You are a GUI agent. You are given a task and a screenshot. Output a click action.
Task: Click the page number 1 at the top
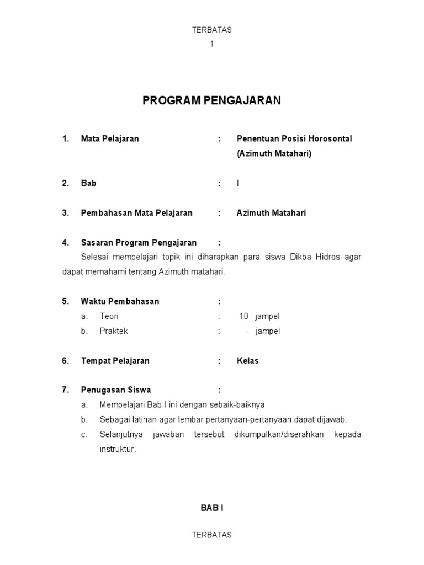coord(211,44)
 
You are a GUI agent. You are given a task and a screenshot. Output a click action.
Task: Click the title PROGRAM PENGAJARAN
coord(212,100)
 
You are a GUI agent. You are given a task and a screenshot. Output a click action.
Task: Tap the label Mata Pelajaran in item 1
coord(110,139)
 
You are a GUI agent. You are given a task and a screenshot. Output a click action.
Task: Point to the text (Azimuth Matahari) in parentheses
coord(274,154)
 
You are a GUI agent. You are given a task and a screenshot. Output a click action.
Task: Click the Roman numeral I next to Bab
coord(239,183)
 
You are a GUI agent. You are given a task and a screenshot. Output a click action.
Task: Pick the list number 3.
coord(65,213)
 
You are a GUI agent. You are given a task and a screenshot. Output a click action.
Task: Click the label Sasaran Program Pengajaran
coord(139,242)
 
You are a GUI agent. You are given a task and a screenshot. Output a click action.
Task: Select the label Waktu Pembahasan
coord(120,301)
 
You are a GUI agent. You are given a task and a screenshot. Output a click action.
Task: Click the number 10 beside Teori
coord(244,317)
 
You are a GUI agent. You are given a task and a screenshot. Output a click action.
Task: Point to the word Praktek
coord(114,331)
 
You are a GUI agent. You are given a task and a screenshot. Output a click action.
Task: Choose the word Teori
coord(109,317)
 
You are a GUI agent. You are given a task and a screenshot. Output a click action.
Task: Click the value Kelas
coord(248,361)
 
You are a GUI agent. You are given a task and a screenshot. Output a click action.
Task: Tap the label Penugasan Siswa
coord(116,390)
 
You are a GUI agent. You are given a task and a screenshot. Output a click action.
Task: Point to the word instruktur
coord(117,449)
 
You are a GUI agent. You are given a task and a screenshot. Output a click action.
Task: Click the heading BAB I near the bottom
coord(211,508)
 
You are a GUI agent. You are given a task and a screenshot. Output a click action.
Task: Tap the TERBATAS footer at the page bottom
coord(211,535)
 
